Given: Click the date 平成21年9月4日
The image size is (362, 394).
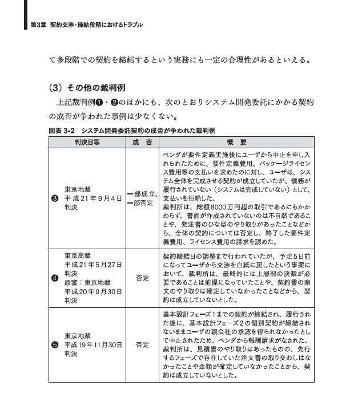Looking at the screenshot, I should coord(94,198).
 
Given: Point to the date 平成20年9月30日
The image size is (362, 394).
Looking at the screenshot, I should coord(94,291).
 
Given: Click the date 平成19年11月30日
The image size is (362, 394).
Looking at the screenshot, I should coord(94,344).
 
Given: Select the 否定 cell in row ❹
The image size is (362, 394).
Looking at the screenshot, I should coord(142,278).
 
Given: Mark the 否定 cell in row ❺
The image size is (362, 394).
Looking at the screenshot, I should coord(142,345).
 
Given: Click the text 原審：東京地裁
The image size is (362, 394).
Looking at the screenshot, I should coord(87,282).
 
